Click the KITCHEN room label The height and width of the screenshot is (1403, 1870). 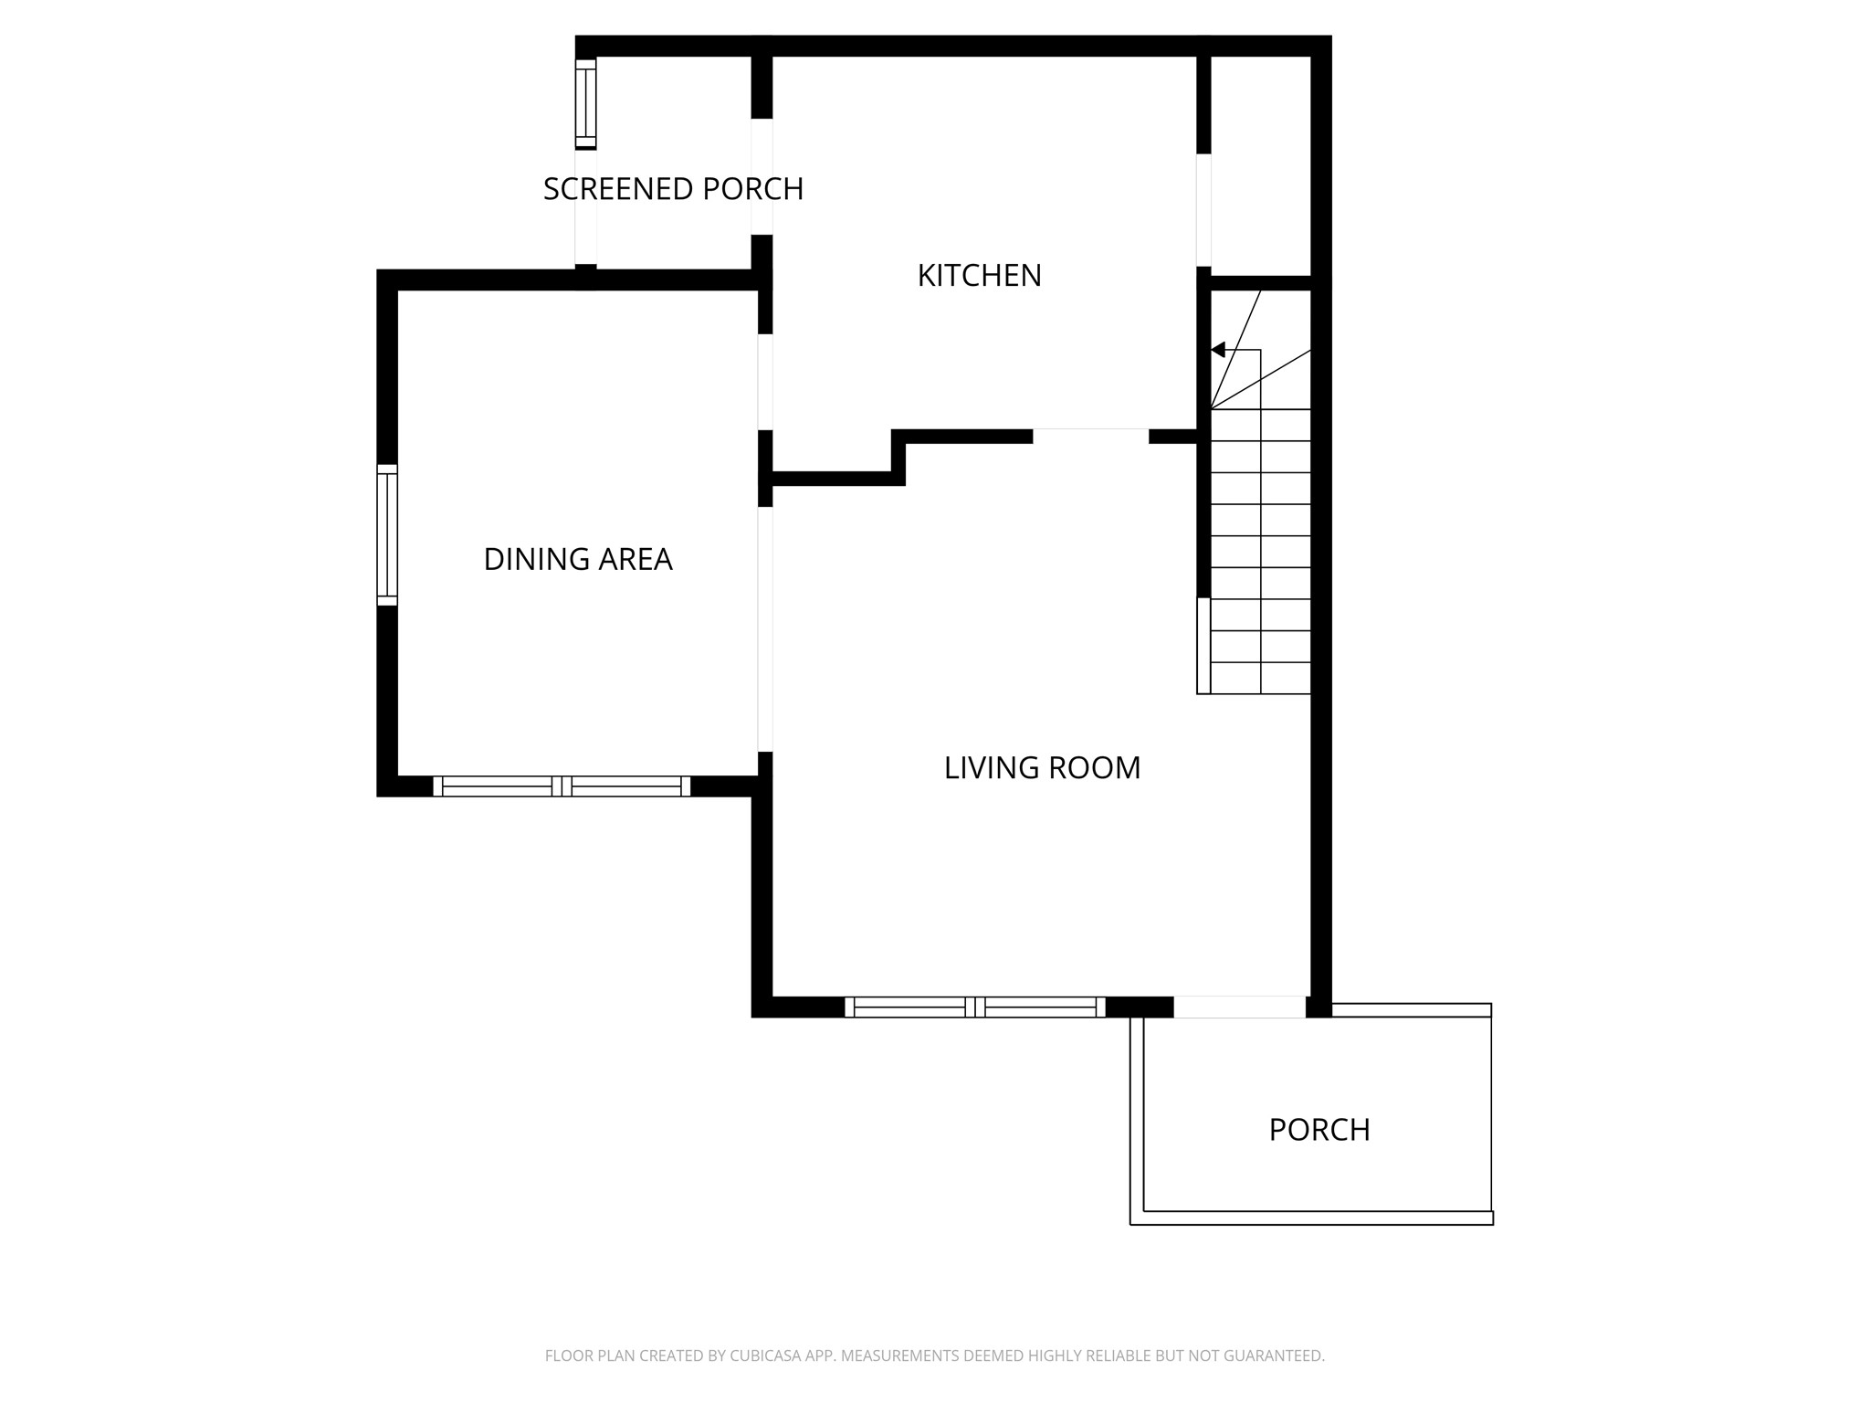979,275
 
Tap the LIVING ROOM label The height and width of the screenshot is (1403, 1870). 1042,767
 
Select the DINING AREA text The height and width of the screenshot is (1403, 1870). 577,559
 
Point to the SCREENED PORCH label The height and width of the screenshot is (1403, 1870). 673,189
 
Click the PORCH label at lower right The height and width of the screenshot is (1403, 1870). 1318,1130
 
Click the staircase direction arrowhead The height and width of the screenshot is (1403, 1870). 1218,350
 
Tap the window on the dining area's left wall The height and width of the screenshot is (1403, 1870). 387,534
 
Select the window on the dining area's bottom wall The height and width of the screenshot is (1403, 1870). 562,786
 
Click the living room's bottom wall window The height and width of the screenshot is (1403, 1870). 974,1007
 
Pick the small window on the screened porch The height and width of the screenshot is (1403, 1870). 585,102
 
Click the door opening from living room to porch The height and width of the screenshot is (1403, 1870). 1239,1007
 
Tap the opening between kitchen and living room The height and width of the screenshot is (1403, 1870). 1090,436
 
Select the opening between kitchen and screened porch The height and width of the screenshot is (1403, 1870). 762,176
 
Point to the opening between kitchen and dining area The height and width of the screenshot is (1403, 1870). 765,382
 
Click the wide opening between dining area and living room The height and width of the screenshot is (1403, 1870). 765,628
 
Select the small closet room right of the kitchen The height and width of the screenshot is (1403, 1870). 1260,164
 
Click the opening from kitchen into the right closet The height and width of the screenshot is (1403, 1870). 1203,210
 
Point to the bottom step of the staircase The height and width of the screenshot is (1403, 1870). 1260,678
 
